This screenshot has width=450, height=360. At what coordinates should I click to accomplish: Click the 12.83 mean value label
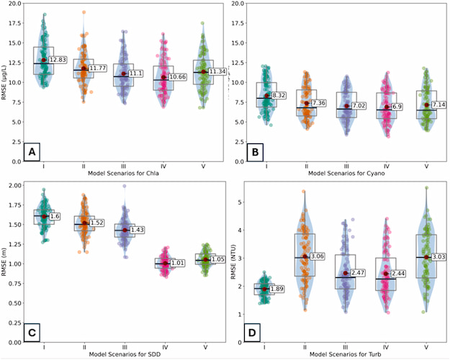[56, 60]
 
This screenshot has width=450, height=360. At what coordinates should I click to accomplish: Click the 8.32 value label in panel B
[280, 95]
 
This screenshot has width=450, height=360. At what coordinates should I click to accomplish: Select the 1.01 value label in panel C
[177, 264]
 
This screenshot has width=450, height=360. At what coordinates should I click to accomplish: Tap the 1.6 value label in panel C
[55, 216]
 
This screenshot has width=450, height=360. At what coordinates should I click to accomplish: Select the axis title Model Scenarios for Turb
[347, 354]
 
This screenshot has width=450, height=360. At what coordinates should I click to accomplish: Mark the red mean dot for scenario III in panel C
[124, 230]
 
